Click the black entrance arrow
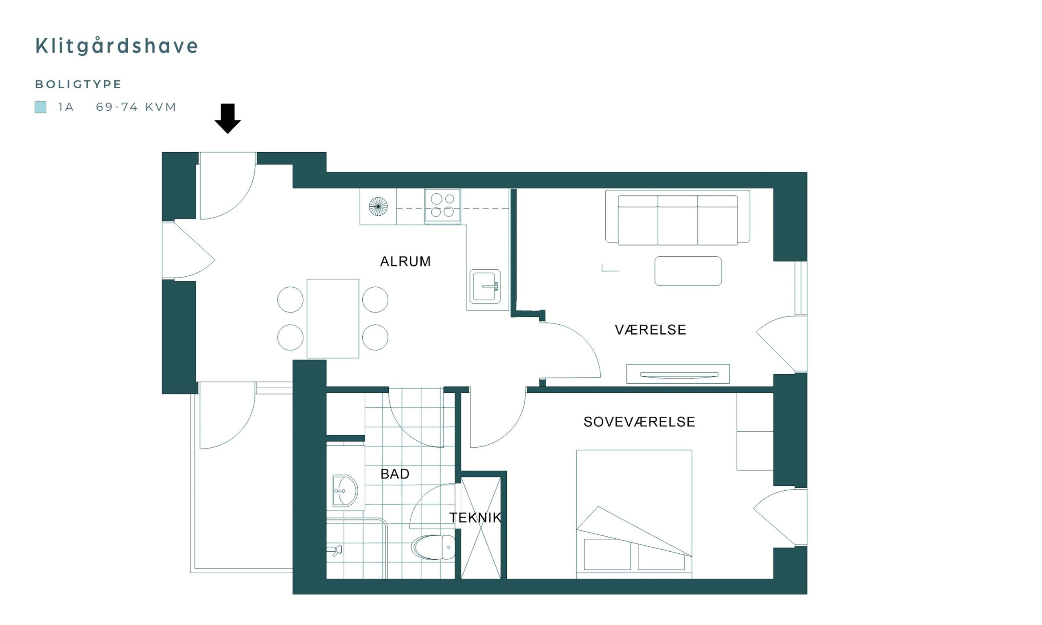[x=228, y=118]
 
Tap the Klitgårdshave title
[x=117, y=46]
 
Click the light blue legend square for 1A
[x=40, y=107]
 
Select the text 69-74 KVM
[x=136, y=107]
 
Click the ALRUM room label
[x=405, y=262]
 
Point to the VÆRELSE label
[x=650, y=330]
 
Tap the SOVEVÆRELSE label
[x=639, y=422]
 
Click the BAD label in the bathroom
[x=395, y=474]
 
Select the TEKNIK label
[x=475, y=518]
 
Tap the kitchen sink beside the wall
[x=485, y=286]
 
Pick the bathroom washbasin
[x=345, y=491]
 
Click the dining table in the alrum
[x=333, y=318]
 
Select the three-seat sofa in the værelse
[x=678, y=217]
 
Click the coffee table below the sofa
[x=688, y=271]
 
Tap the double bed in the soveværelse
[x=634, y=514]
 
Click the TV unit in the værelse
[x=678, y=374]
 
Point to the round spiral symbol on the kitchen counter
[x=378, y=206]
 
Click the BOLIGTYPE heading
[x=78, y=84]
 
